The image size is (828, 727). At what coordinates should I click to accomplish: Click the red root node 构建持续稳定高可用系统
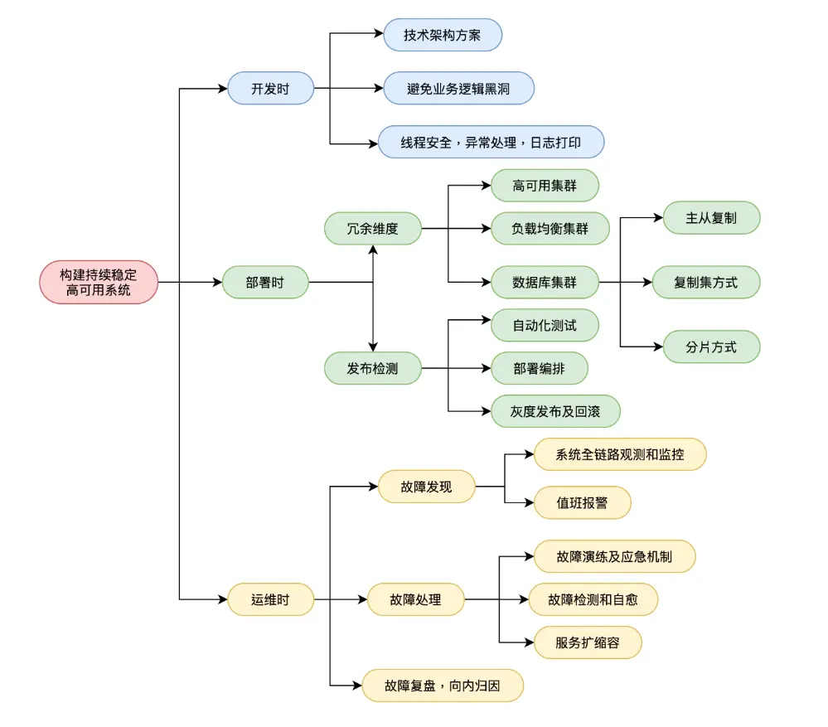coord(99,282)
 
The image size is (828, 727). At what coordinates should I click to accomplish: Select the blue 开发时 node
coord(270,88)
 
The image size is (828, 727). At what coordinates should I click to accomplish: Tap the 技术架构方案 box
coord(443,35)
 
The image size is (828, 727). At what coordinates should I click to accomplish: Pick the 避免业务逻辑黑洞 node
coord(458,88)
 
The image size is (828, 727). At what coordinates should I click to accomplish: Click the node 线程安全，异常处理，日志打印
coord(491,142)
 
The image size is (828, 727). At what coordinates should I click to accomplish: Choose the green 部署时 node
coord(265,282)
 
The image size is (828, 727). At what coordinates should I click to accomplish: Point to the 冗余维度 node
coord(373,228)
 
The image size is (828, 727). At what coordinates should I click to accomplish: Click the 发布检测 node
coord(373,368)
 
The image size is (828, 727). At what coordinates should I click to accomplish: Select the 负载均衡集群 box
coord(550,228)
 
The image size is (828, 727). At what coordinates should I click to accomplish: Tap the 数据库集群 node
coord(545,282)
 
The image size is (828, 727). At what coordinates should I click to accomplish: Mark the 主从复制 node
coord(711,217)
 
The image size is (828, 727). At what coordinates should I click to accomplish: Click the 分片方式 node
coord(711,347)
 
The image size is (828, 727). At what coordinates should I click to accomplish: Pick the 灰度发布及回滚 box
coord(555,411)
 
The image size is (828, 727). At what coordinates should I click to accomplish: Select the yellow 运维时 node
coord(270,599)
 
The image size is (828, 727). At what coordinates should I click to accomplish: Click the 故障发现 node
coord(426,487)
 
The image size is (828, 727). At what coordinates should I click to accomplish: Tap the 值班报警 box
coord(583,502)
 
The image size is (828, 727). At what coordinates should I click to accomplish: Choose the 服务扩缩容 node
coord(588,642)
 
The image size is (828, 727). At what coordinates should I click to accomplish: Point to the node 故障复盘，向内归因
coord(443,686)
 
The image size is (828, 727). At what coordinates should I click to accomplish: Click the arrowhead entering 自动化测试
coord(487,319)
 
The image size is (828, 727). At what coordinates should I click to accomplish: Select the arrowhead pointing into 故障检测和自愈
coord(524,599)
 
